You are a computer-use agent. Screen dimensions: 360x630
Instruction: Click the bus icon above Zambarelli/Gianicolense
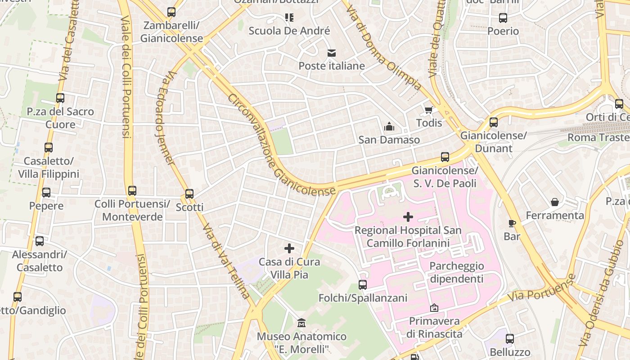point(171,12)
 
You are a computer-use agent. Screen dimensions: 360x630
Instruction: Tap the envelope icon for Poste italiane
point(332,53)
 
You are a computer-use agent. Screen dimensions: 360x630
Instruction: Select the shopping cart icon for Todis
point(429,110)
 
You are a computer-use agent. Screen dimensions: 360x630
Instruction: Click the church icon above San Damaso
point(389,127)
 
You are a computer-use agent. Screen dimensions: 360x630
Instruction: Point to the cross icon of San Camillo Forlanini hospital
point(408,217)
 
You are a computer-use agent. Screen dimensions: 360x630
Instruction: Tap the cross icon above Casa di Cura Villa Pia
point(289,248)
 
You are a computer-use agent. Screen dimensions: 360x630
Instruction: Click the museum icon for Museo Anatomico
point(301,323)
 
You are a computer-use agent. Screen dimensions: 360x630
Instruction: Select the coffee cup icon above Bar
point(512,223)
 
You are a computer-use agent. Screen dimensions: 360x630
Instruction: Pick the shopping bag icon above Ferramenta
point(555,202)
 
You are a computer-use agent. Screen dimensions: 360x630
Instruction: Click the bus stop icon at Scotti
point(189,194)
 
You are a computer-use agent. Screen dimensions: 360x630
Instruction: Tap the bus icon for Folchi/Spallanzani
point(363,284)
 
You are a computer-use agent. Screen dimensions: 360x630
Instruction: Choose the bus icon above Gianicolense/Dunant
point(494,122)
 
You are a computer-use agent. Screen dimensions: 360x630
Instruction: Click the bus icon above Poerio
point(503,18)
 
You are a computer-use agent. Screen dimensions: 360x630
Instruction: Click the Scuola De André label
point(289,31)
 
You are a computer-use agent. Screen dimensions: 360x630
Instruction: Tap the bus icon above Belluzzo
point(510,339)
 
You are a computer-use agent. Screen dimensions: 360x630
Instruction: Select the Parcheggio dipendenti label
point(456,272)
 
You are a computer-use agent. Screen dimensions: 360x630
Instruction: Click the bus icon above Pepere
point(46,193)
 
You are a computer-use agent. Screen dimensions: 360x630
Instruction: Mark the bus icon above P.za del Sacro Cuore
point(60,98)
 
